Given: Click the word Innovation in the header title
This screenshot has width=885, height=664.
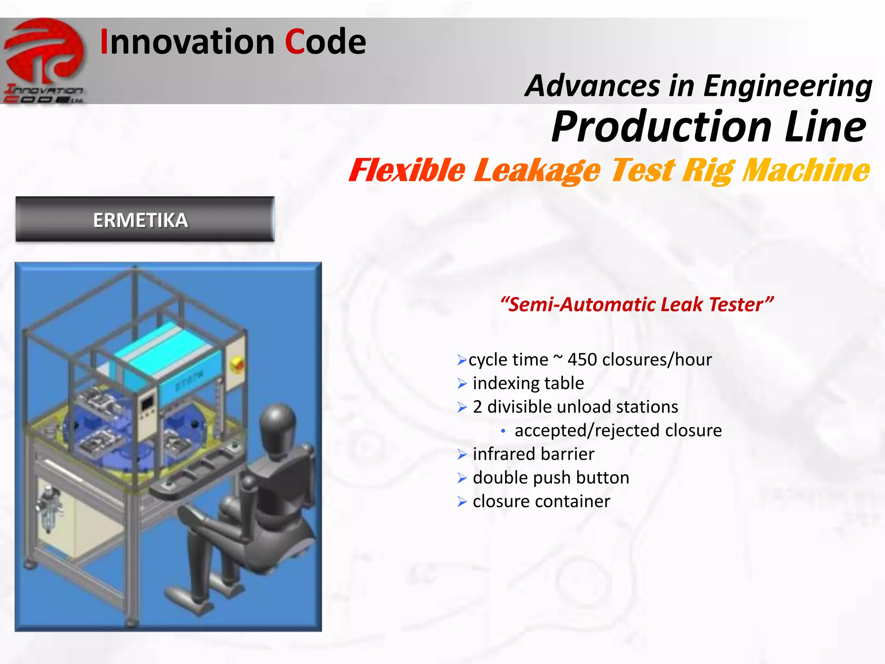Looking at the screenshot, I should (x=187, y=42).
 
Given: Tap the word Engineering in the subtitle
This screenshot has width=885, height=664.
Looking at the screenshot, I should (x=787, y=86).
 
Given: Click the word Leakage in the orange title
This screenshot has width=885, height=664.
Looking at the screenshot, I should (x=537, y=170).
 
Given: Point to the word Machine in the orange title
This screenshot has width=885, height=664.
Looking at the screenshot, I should (x=805, y=170).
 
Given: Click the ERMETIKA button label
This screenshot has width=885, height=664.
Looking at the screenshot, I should (x=140, y=220).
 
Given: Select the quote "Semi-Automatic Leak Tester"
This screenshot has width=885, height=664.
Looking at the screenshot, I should (x=636, y=304).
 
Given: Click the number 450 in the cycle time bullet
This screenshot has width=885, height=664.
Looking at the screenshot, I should (x=582, y=360).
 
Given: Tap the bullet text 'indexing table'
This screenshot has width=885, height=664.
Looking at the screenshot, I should (x=528, y=383).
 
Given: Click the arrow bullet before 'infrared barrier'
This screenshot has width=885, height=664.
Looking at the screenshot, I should (x=462, y=455).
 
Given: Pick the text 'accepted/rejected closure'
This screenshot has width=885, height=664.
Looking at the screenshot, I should (x=618, y=431).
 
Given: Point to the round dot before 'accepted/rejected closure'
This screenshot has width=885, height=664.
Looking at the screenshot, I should (x=503, y=431).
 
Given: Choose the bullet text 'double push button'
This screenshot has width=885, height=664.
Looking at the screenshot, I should (x=551, y=478).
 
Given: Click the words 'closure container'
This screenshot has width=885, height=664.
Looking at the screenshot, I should (x=541, y=501).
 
